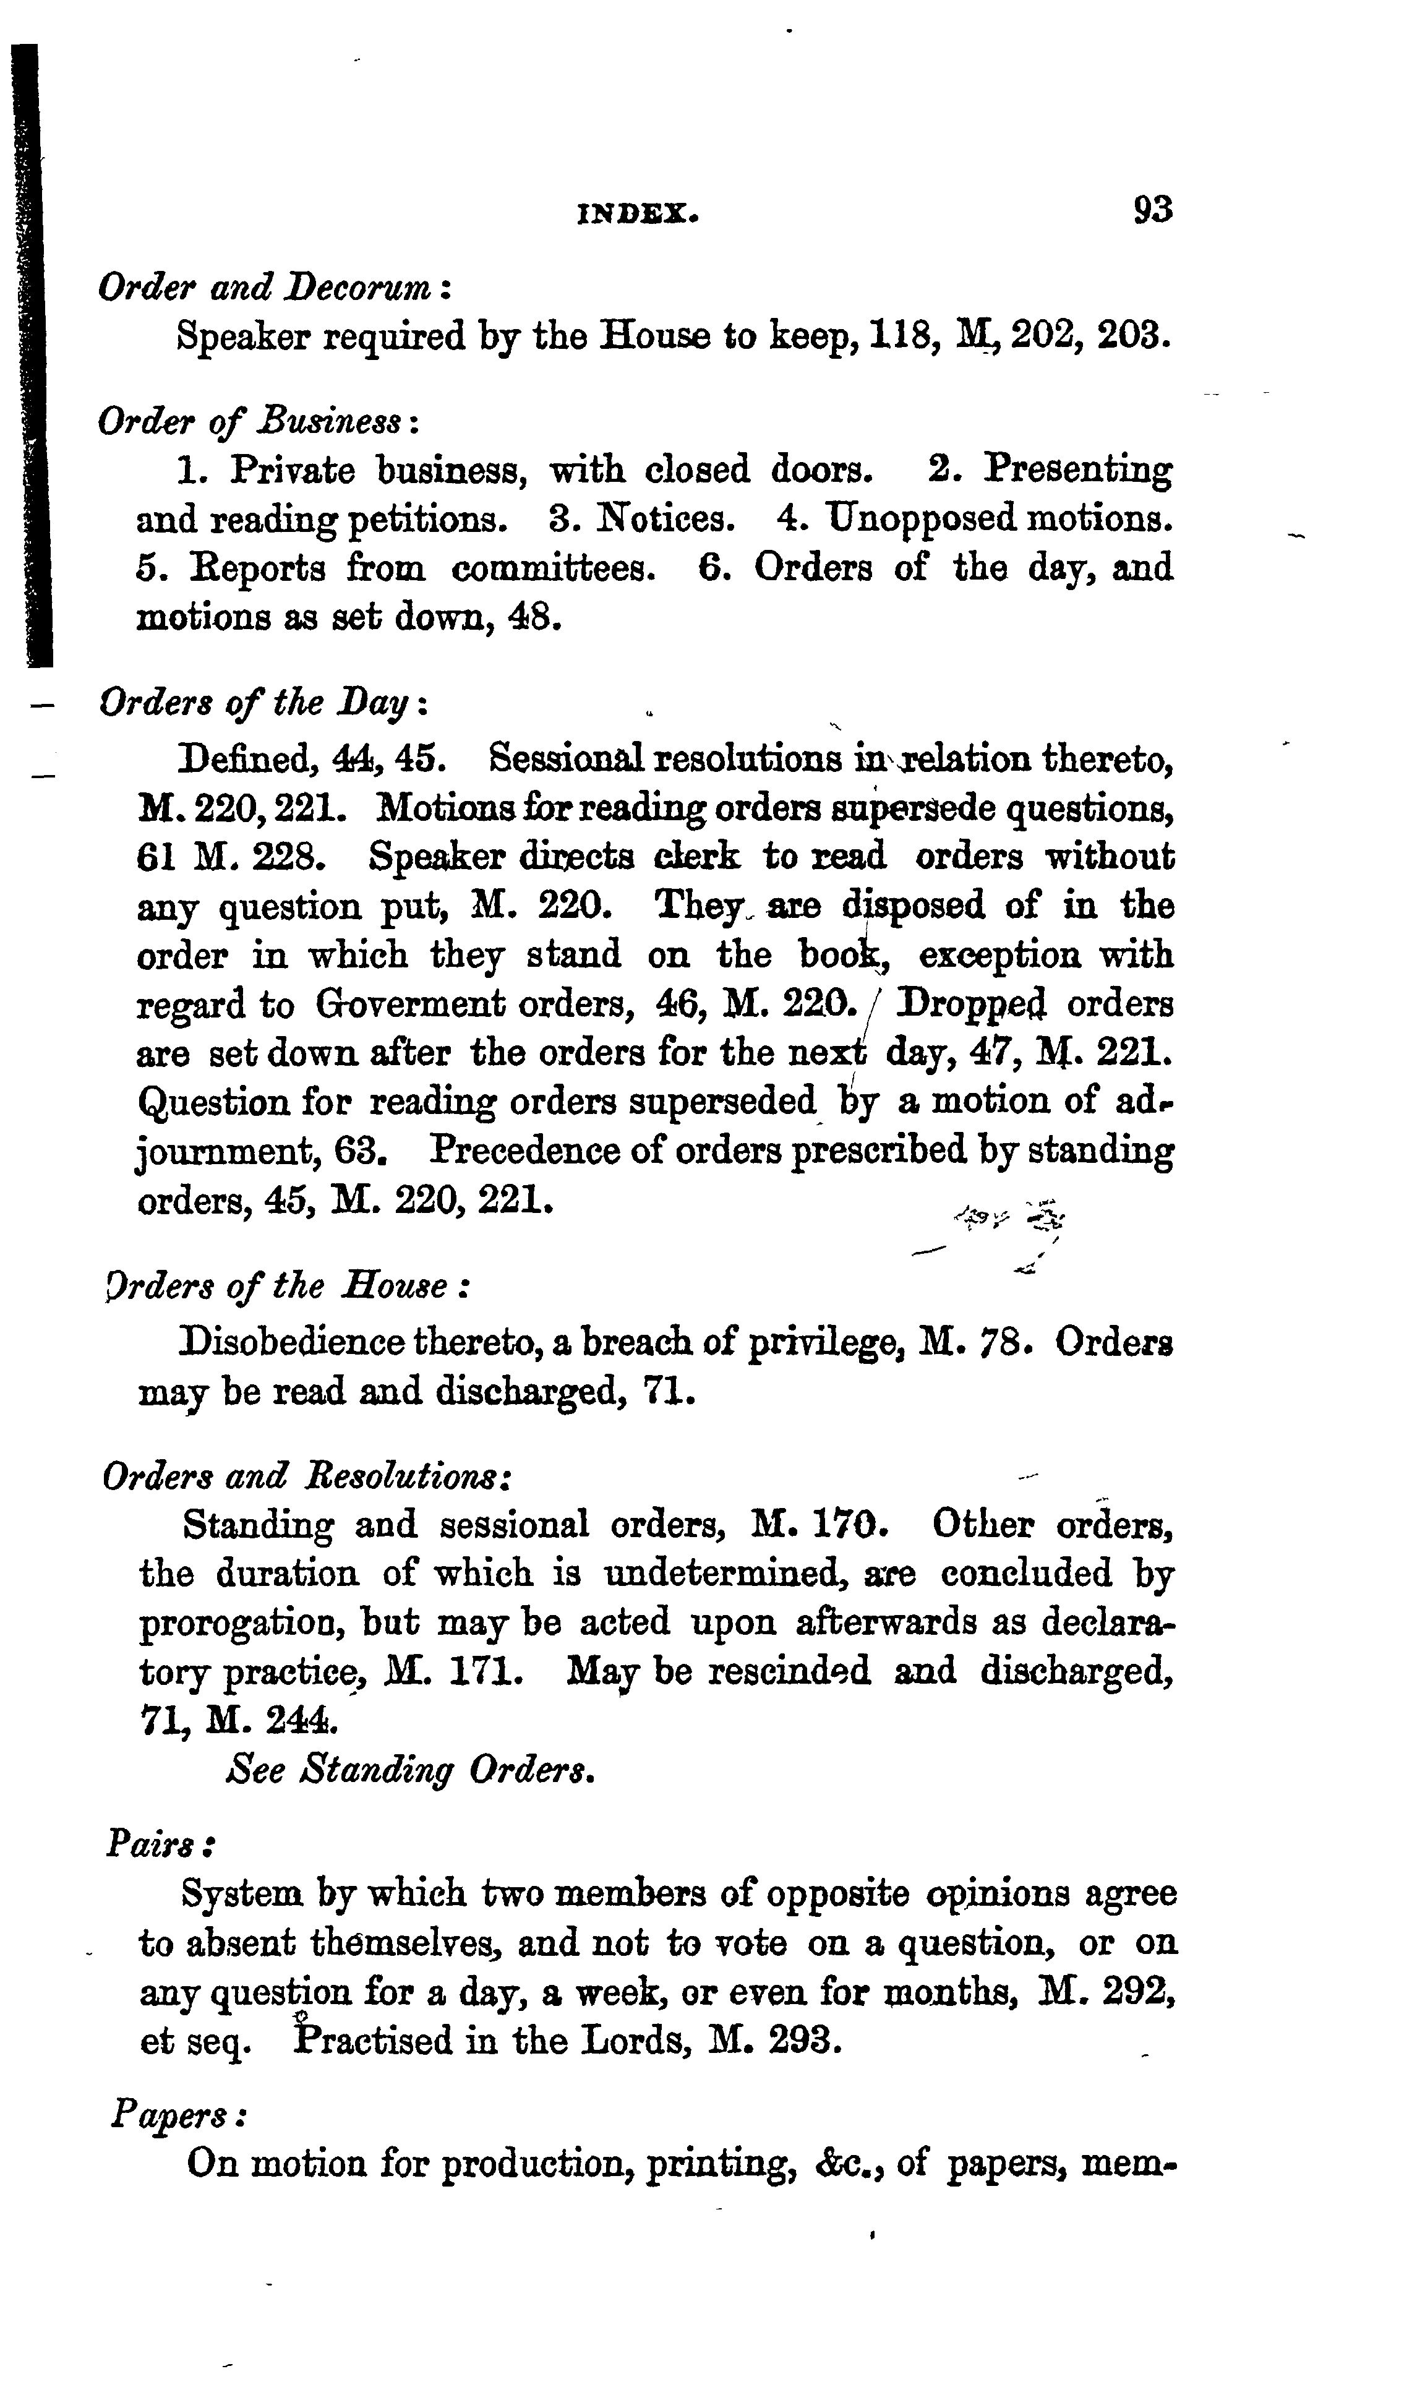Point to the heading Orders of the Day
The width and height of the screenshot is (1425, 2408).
tap(263, 704)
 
